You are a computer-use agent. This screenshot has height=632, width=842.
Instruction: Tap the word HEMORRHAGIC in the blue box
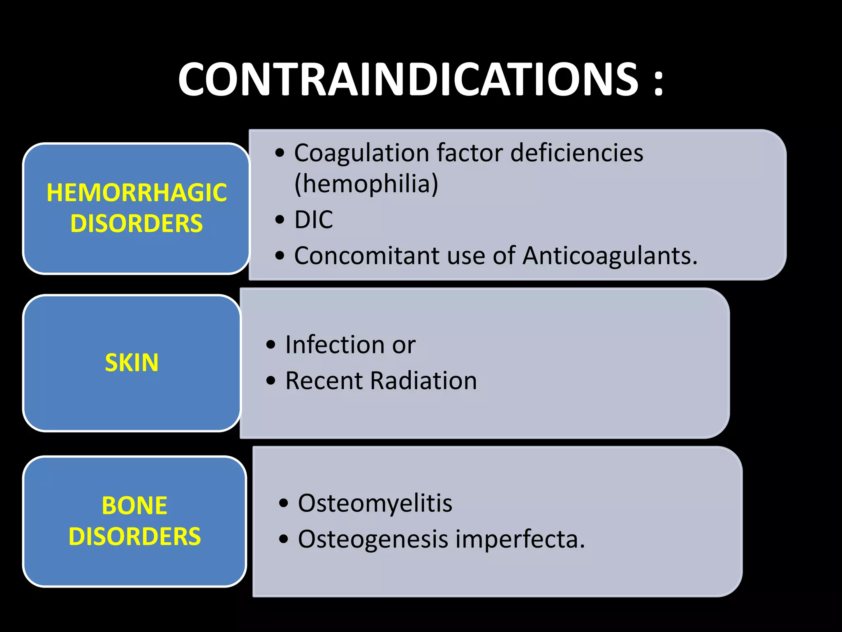pyautogui.click(x=136, y=193)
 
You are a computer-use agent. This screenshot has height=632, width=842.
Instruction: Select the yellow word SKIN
pyautogui.click(x=132, y=362)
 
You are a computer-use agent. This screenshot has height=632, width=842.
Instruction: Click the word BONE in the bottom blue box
pyautogui.click(x=134, y=505)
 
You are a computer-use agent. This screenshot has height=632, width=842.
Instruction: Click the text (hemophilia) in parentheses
pyautogui.click(x=366, y=184)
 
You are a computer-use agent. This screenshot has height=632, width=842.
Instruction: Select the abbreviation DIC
pyautogui.click(x=313, y=220)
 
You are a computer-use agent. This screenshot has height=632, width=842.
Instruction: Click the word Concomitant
pyautogui.click(x=367, y=256)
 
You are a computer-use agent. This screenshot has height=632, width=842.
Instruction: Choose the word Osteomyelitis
pyautogui.click(x=375, y=503)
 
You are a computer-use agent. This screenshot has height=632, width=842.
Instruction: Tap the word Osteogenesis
pyautogui.click(x=372, y=539)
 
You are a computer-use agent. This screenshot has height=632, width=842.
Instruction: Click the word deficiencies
pyautogui.click(x=576, y=153)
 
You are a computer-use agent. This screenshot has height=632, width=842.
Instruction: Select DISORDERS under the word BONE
pyautogui.click(x=134, y=537)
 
